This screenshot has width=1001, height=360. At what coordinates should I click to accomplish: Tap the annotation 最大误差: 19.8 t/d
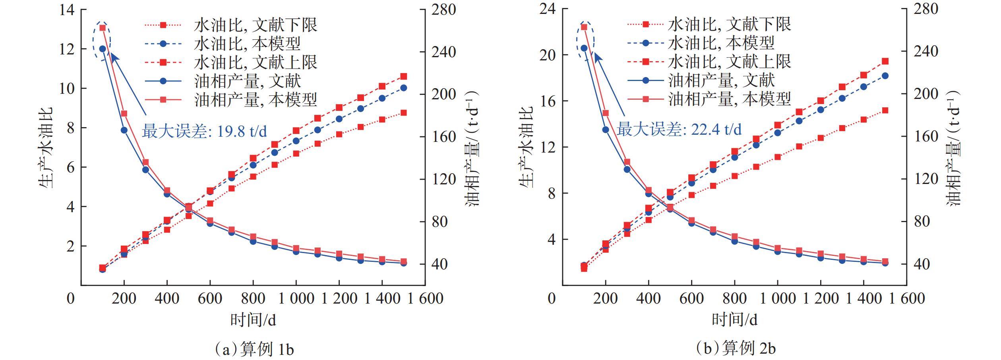(204, 131)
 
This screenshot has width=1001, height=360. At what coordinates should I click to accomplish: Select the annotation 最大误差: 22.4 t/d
(679, 129)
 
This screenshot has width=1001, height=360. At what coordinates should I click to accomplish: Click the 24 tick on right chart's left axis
(548, 9)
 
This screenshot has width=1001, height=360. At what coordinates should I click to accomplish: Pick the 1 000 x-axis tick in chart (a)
(296, 298)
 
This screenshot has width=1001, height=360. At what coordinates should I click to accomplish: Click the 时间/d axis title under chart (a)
(253, 319)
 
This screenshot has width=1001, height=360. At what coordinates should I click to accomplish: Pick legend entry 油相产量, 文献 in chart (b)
(722, 80)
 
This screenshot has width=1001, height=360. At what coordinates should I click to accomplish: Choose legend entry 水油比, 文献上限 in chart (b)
(730, 62)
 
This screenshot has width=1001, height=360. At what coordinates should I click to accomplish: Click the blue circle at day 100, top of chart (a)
(103, 49)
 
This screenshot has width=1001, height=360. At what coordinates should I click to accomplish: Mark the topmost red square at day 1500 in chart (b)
(885, 61)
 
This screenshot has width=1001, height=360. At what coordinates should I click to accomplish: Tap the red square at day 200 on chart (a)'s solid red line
(124, 114)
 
